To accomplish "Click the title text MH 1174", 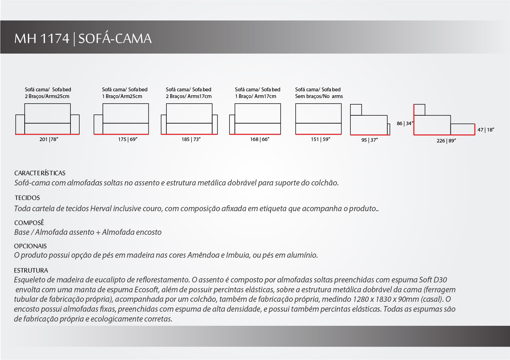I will tap(42, 38).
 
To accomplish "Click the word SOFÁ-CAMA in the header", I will tap(115, 38).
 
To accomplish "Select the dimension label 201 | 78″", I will tap(49, 139).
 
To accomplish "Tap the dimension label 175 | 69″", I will tap(128, 139).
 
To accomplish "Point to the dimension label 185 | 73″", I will tap(191, 139).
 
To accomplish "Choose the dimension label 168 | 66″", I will tap(260, 139).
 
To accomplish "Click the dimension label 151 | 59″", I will tap(320, 139).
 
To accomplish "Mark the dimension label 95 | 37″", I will tap(369, 140).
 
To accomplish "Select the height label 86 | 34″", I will tap(405, 123).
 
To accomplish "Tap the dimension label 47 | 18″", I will tap(486, 130).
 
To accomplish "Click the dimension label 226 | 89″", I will tap(446, 141).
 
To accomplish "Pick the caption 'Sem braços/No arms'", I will tap(319, 96).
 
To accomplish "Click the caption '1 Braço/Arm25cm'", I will tap(122, 96).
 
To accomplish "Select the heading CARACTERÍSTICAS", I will tap(40, 173).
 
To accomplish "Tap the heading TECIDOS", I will tap(27, 198).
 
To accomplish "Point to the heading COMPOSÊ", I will tap(29, 223).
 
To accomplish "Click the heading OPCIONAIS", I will tap(30, 246).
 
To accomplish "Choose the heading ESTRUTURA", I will tap(31, 270).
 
